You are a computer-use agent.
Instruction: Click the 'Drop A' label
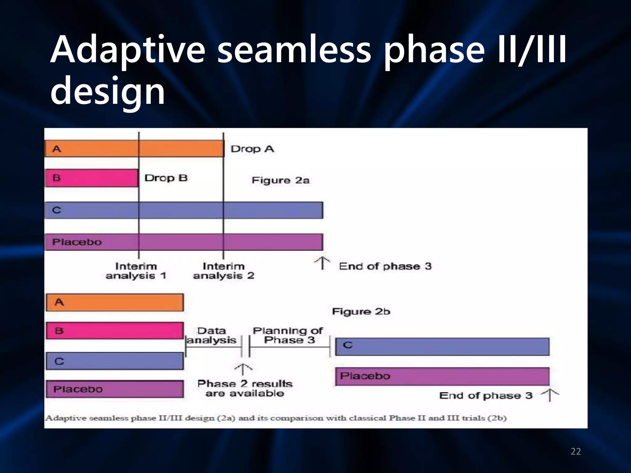click(x=252, y=149)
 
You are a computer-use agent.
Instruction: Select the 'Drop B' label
click(x=166, y=178)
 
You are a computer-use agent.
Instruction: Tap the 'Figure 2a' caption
click(x=280, y=180)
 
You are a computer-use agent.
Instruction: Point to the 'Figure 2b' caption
click(x=361, y=312)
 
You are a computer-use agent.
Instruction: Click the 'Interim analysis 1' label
click(x=136, y=271)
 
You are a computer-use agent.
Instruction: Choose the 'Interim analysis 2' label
click(x=224, y=271)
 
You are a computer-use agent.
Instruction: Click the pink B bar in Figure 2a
click(x=92, y=178)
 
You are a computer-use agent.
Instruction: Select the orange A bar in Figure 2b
click(x=115, y=302)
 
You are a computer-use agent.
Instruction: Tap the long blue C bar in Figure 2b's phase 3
click(x=442, y=346)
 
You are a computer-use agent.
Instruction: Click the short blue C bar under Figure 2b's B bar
click(x=115, y=361)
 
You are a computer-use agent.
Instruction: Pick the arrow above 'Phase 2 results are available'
click(x=243, y=369)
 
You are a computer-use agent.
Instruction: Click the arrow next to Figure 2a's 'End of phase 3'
click(x=322, y=264)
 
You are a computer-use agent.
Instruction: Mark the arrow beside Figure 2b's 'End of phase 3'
click(x=550, y=395)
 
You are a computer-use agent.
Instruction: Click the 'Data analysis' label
click(x=212, y=335)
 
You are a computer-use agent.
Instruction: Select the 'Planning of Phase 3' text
click(x=288, y=335)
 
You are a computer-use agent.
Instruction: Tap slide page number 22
click(x=576, y=451)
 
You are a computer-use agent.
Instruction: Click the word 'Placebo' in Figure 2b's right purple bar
click(x=365, y=376)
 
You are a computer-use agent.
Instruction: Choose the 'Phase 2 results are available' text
click(x=245, y=388)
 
